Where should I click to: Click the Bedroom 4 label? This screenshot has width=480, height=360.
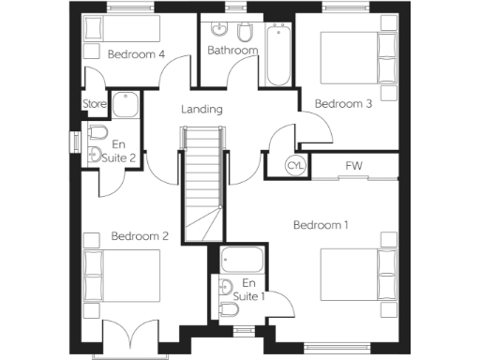point(137,54)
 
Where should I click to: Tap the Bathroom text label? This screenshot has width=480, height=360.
point(232,51)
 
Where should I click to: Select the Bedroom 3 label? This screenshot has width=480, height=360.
point(343,103)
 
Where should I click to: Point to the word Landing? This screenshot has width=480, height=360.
point(202,110)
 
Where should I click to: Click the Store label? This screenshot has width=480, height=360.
point(95,103)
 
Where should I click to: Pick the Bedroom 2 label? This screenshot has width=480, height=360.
point(140,236)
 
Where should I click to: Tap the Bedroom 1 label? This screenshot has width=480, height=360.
point(321,225)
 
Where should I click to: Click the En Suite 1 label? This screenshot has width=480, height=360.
point(248,290)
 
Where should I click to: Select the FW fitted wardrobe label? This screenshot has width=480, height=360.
point(353,167)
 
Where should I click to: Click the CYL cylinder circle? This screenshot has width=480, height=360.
point(295,166)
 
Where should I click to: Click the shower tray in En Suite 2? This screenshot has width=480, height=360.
point(125,105)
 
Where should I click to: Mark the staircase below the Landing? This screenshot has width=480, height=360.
point(203,183)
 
